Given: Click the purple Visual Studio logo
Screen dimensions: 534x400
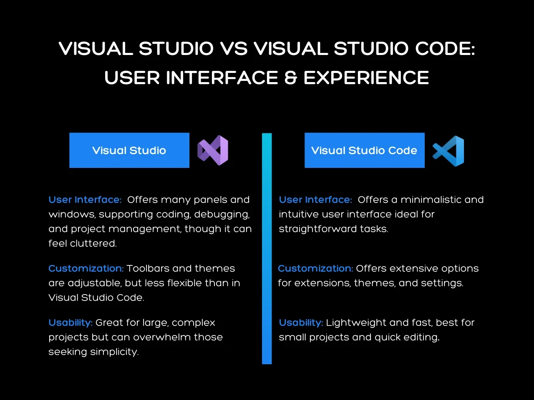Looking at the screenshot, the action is [x=213, y=150].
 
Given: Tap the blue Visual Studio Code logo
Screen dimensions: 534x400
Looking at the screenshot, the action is [x=448, y=151].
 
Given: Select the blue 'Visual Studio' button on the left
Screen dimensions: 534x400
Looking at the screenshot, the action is [x=129, y=150].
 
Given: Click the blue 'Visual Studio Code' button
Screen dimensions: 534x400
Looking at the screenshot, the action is [x=365, y=150].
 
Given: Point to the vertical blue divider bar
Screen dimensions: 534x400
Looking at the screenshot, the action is [x=267, y=248].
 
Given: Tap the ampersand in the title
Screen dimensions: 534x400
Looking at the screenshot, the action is [x=291, y=78].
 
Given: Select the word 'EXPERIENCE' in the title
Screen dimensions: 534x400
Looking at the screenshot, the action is [x=366, y=78].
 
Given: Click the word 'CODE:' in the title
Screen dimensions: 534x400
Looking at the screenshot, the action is [x=445, y=48].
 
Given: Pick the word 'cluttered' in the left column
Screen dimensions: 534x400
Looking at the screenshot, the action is [x=93, y=243].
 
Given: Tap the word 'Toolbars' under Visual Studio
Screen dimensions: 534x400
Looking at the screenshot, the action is [x=148, y=268].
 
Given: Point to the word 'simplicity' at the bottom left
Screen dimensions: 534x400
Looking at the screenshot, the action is [x=114, y=352].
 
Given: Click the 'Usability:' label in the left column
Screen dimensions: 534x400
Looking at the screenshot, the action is [x=71, y=323].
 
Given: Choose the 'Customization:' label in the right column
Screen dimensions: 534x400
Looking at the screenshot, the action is [x=315, y=268].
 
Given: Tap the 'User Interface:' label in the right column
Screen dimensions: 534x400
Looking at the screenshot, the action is [x=315, y=200].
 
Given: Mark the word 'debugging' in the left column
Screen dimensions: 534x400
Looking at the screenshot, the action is [x=222, y=215].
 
